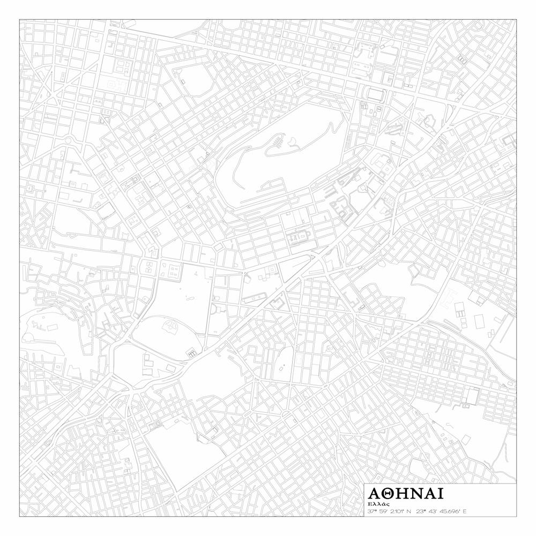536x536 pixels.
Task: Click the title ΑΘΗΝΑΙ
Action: tap(406, 494)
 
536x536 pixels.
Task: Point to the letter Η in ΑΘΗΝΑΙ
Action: tap(404, 494)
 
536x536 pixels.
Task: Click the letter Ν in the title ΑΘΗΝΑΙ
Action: tap(418, 494)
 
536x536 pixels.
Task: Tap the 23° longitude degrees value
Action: tap(421, 511)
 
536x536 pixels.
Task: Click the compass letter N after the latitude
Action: tap(408, 511)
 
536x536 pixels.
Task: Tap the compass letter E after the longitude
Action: tap(464, 511)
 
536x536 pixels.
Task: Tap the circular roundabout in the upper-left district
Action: tap(69, 141)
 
